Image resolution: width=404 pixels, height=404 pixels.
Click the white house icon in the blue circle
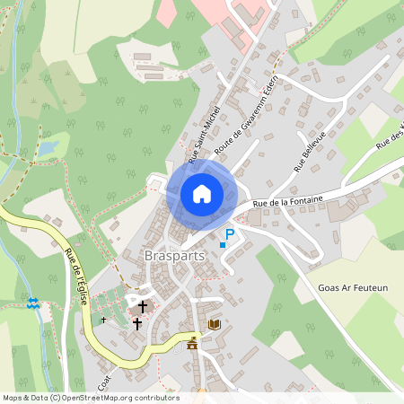coord(202,193)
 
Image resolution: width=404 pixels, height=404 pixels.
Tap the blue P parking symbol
coord(230,235)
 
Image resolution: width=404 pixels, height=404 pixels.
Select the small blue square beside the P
coord(222,244)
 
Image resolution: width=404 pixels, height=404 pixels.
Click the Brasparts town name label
coord(174,255)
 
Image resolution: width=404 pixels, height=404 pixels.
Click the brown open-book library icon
coord(214,324)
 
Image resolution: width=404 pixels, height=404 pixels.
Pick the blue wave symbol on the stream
coord(34,304)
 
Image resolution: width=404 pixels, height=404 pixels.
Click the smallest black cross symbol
coord(103,319)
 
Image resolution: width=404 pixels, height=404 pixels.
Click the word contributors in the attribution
coord(156,398)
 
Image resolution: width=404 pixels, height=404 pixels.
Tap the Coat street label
coord(105,382)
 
